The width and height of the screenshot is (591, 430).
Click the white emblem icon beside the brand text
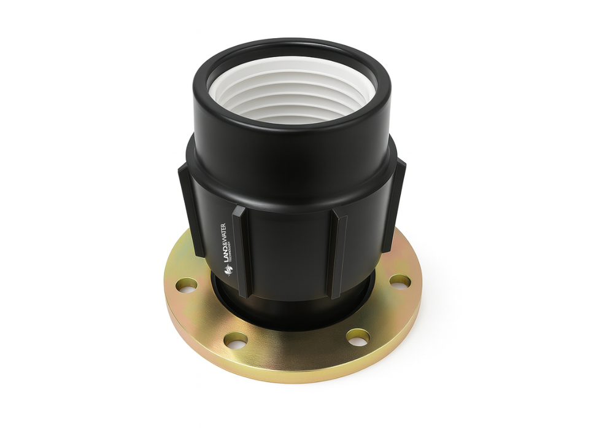[x=228, y=268]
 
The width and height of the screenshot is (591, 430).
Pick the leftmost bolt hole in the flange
[x=186, y=285]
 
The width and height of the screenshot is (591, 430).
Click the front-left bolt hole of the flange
[x=236, y=340]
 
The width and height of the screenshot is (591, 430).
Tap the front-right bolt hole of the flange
[x=357, y=337]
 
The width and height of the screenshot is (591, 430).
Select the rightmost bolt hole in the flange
[x=400, y=281]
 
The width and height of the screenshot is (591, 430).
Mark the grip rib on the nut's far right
[x=393, y=203]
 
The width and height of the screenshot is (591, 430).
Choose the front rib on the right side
[x=337, y=252]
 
